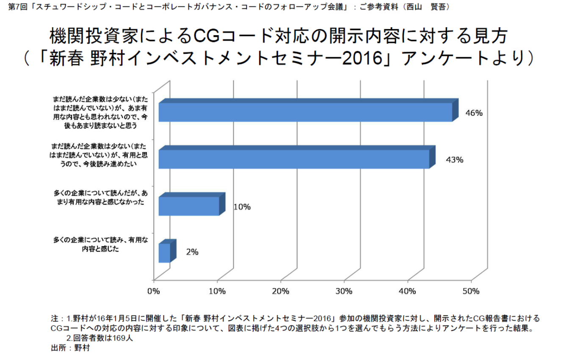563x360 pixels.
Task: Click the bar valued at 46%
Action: (305, 112)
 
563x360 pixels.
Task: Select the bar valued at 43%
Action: (294, 159)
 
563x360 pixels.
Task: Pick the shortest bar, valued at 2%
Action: (164, 253)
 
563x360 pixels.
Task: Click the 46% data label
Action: (474, 113)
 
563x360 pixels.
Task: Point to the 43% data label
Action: (455, 160)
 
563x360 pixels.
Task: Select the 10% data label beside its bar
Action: (242, 207)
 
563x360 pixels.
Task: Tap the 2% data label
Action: (192, 252)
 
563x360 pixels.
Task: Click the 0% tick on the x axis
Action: (153, 291)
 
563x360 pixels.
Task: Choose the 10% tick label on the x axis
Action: (217, 291)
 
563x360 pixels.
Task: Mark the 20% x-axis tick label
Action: (281, 291)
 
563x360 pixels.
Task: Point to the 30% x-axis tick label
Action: (344, 291)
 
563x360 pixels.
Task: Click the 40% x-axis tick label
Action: (408, 291)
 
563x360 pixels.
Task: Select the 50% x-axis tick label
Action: (471, 291)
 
